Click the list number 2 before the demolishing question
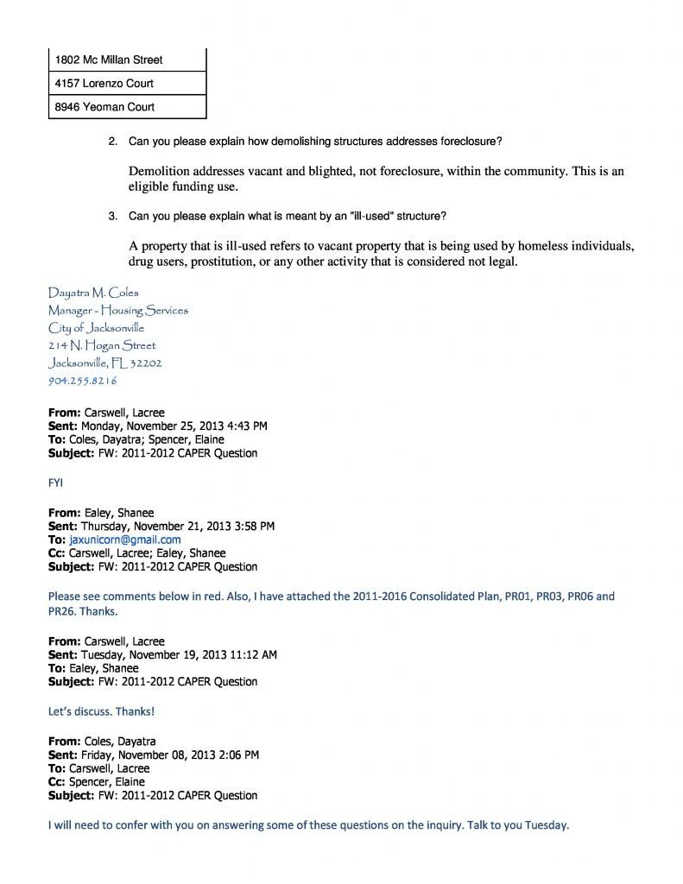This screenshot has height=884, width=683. (x=112, y=141)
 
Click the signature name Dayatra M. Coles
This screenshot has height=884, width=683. (x=93, y=293)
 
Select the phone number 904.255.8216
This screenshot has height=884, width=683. (x=83, y=380)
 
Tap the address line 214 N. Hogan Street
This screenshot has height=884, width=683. (x=102, y=345)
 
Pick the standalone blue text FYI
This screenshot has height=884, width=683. (x=55, y=483)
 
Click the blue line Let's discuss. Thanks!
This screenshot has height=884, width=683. (x=101, y=711)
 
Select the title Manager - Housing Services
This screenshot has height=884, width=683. (x=118, y=310)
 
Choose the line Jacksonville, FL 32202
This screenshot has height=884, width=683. (x=105, y=363)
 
